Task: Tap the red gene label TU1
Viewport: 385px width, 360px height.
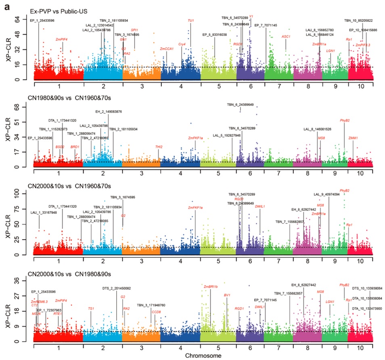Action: pos(191,21)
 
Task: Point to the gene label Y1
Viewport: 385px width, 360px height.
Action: pos(251,17)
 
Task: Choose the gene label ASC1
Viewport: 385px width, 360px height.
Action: pos(286,36)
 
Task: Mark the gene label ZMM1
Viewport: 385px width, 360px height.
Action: pos(353,138)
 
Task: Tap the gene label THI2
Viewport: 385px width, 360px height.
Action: pos(159,147)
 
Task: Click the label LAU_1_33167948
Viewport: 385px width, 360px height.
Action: pos(44,213)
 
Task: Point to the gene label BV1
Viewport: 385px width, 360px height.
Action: pos(227,295)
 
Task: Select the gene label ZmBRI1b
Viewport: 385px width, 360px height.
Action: pos(211,287)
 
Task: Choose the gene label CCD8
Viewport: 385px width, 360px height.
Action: pos(156,312)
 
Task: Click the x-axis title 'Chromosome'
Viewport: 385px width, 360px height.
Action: pos(203,356)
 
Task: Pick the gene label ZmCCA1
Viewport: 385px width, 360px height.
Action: pos(167,49)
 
